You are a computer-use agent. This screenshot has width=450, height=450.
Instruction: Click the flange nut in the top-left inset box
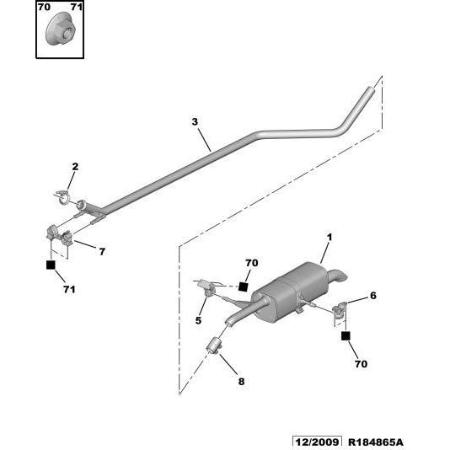point(61,29)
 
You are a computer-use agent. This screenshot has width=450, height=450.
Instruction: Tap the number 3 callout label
point(195,121)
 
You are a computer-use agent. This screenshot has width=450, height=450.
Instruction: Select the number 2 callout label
point(75,167)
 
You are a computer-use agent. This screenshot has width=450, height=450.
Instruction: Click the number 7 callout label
point(102,252)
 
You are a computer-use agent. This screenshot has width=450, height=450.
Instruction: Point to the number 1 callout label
point(329,238)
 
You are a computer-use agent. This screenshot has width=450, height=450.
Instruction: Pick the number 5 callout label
point(198,320)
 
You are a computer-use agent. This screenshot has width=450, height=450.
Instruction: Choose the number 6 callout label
point(372,295)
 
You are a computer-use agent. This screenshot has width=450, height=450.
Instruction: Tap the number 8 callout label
point(241,382)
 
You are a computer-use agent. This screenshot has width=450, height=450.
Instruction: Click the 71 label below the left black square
point(69,289)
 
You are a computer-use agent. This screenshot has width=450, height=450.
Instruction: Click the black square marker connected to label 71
point(51,265)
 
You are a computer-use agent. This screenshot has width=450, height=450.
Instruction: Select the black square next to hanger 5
point(243,287)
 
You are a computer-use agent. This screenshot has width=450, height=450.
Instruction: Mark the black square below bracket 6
point(346,335)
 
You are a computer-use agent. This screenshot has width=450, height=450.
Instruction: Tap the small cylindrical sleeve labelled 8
point(214,346)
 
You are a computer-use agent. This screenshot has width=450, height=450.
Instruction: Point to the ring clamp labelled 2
point(63,197)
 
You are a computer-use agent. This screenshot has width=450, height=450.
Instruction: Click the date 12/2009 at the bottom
point(317,442)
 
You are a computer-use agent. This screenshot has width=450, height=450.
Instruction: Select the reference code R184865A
point(376,442)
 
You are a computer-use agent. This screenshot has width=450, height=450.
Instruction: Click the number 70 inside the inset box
point(44,7)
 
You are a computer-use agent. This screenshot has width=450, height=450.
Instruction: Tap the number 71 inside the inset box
point(77,7)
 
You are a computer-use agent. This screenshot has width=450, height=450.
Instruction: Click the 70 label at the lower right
point(361,364)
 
